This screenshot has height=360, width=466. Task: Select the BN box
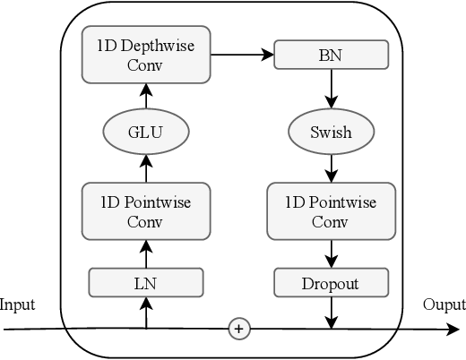point(331,55)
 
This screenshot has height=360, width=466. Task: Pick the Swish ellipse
point(331,132)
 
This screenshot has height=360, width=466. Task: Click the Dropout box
point(331,283)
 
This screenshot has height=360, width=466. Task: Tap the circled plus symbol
point(238,329)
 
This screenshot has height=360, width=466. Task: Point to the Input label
point(18,304)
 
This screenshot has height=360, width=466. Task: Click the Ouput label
point(444,304)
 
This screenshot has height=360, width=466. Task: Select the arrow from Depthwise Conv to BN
point(241,55)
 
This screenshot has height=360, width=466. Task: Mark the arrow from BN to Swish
point(331,90)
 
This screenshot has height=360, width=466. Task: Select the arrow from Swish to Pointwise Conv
point(331,167)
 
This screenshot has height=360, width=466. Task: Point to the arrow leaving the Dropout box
point(331,313)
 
